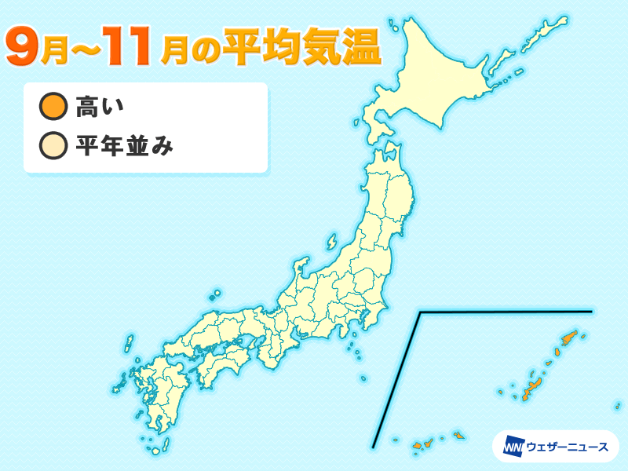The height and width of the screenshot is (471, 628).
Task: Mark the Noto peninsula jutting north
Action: point(301,267)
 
